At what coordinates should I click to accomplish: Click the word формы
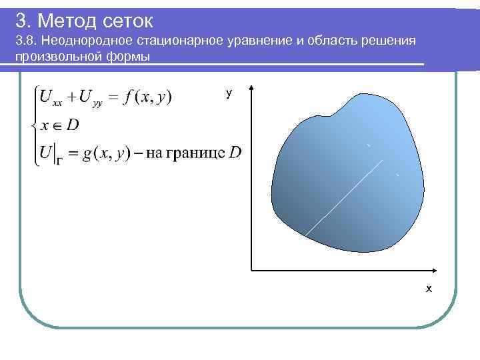[129, 56]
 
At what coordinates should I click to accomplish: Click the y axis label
[229, 93]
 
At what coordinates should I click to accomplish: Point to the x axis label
[429, 289]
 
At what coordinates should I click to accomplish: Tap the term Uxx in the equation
[53, 98]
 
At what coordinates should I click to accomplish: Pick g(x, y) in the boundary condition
[105, 153]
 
